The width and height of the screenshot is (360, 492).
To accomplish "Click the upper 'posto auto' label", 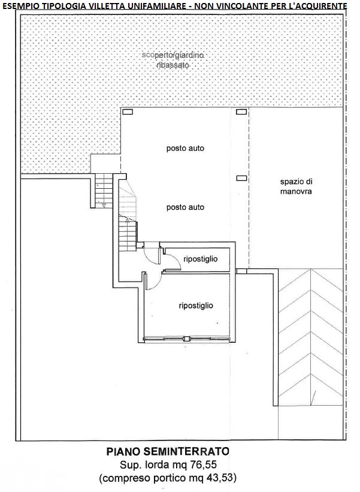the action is [x=185, y=148].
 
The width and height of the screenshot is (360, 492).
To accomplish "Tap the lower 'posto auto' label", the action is [x=185, y=207].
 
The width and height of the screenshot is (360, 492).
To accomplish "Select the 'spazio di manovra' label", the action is [x=296, y=186].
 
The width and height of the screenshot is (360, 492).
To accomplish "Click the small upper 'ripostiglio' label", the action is [x=201, y=259].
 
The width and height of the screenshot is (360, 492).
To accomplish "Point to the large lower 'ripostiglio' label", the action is [x=196, y=306].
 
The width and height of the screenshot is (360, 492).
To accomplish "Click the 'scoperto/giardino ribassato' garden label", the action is [x=173, y=61].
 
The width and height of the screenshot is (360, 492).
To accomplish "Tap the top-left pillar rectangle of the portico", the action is [x=128, y=111].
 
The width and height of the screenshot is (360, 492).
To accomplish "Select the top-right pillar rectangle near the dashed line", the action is [x=241, y=111].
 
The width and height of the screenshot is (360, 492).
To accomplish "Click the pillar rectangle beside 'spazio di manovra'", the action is [x=241, y=178].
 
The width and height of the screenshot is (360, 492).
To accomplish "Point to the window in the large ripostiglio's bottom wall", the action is [x=187, y=339].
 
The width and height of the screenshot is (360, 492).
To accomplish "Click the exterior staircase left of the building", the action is [x=104, y=191].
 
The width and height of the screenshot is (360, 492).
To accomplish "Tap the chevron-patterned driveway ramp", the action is [x=310, y=337].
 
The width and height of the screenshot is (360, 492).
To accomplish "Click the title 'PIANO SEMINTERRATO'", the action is [x=168, y=451].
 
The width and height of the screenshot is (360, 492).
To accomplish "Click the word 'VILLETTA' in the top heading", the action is [x=111, y=5].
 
